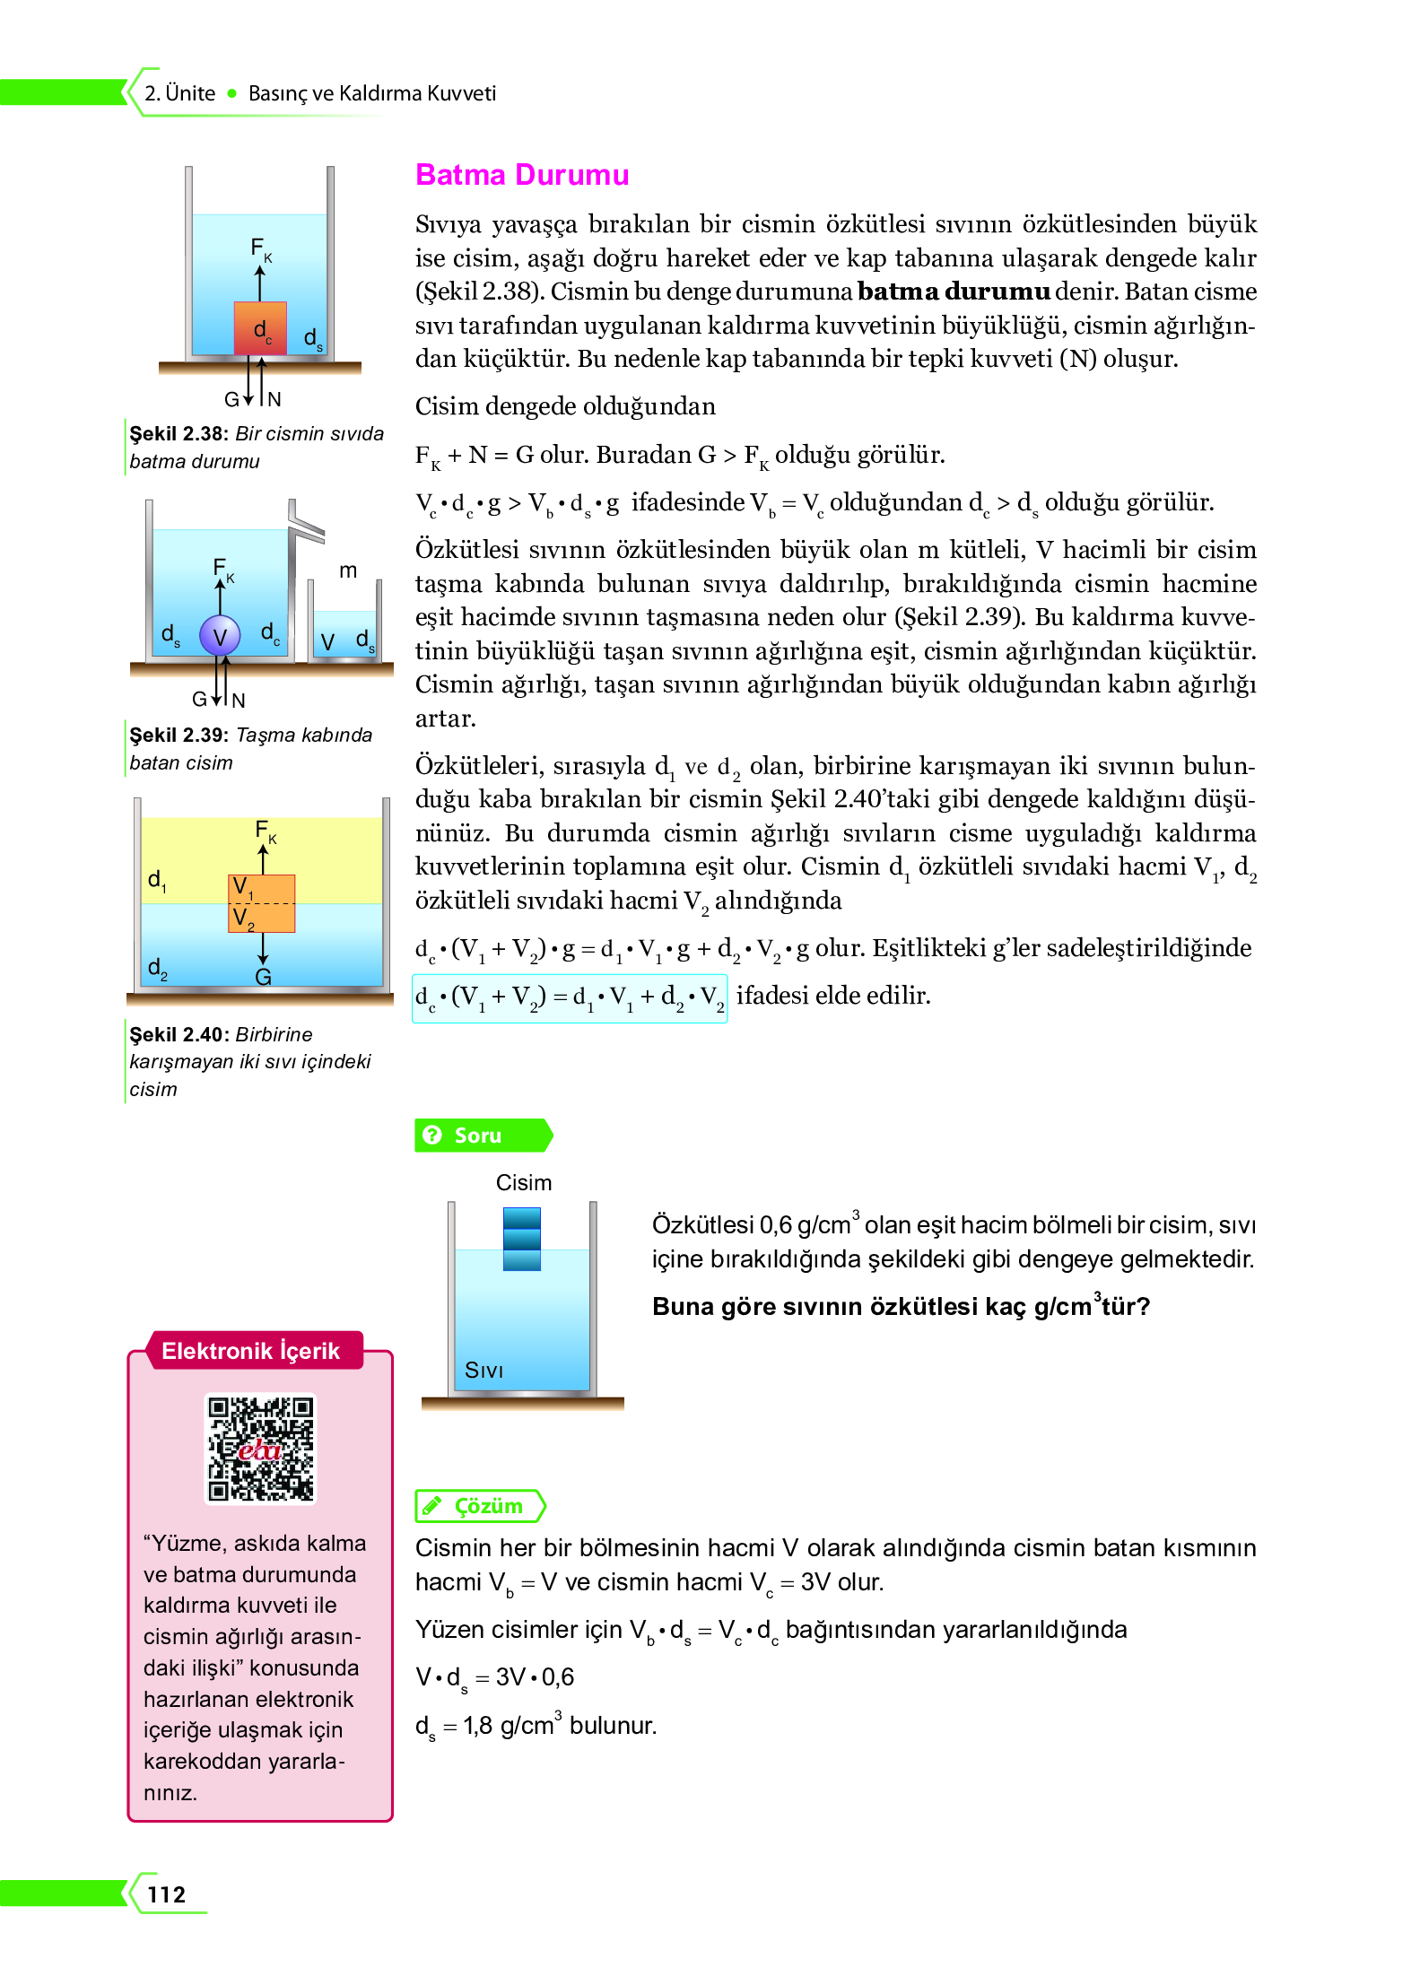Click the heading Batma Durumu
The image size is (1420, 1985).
point(521,174)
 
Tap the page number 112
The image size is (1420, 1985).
point(166,1894)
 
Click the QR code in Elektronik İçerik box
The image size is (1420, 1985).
point(261,1448)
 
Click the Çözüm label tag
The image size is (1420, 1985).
point(480,1505)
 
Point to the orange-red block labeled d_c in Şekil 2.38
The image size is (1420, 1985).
point(260,328)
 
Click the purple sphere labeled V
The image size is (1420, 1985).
point(220,636)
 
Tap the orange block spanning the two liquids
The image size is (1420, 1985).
point(261,902)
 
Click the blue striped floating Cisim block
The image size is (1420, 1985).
point(522,1238)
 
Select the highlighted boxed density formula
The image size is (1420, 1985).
point(570,997)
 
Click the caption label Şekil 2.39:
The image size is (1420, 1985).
point(179,735)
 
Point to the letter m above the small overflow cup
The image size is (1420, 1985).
point(348,570)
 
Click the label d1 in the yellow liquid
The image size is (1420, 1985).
point(157,879)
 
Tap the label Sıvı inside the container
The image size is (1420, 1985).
point(483,1370)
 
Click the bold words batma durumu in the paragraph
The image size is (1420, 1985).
point(953,292)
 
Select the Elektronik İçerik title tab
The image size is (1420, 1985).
point(251,1350)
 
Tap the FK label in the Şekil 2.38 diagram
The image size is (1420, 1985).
point(260,248)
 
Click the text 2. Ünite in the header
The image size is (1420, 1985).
point(180,93)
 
